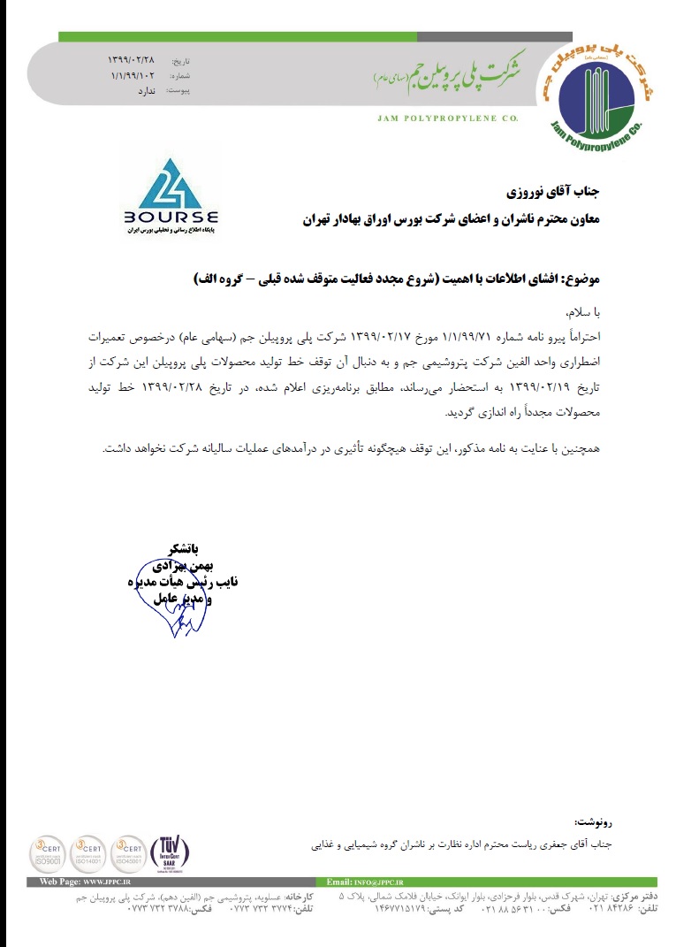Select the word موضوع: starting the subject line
pyautogui.click(x=579, y=278)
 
